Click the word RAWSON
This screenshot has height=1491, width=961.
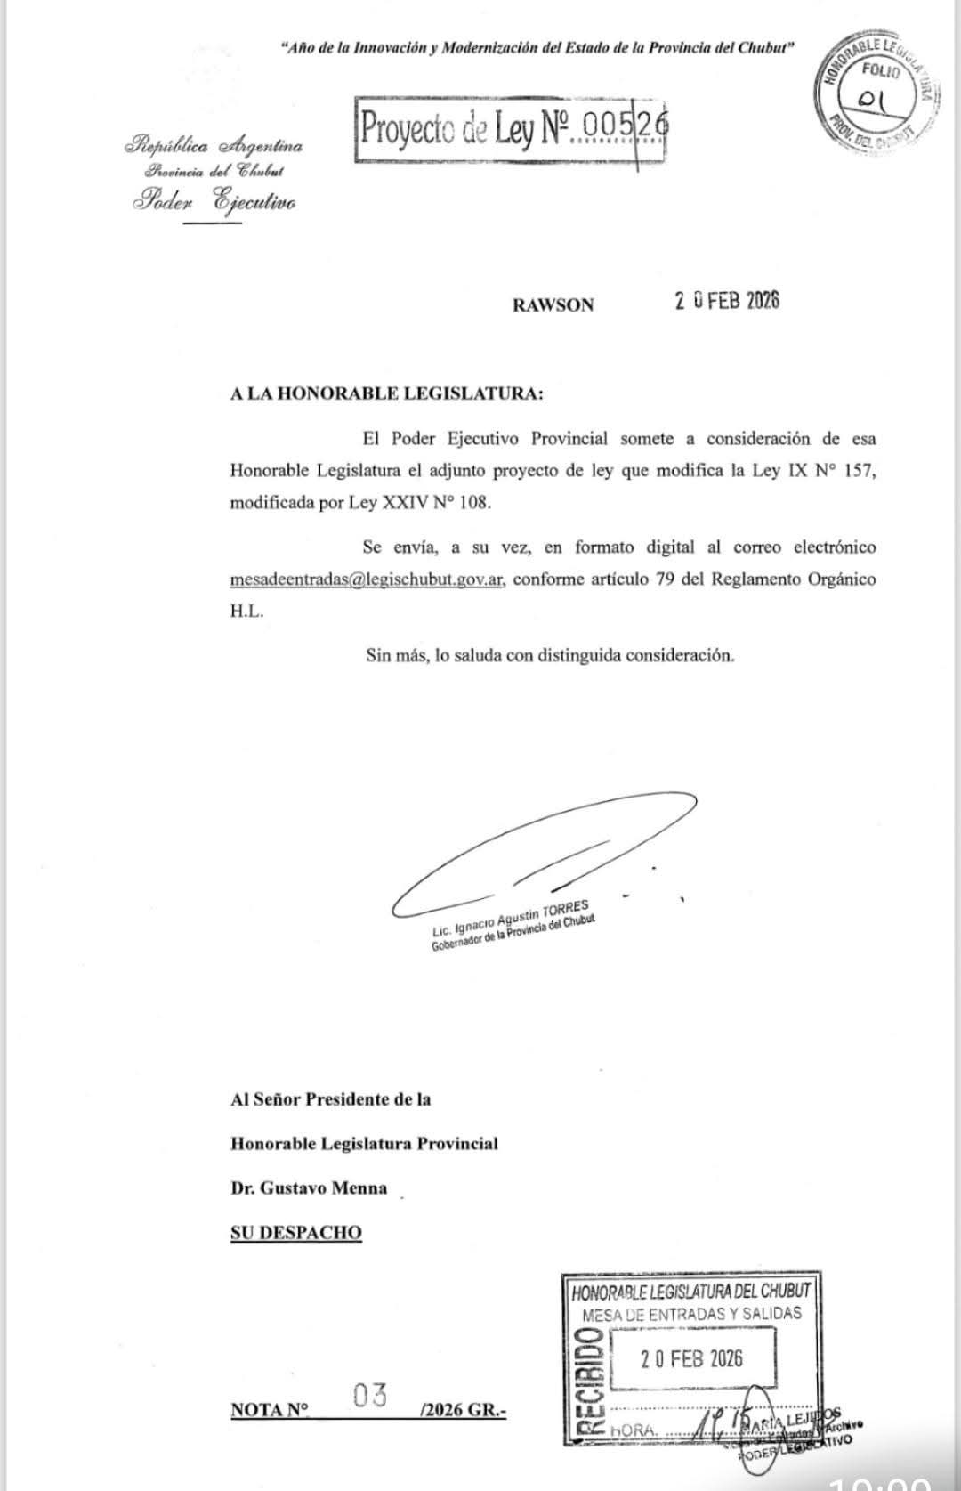pyautogui.click(x=553, y=304)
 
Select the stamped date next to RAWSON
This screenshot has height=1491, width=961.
pyautogui.click(x=726, y=301)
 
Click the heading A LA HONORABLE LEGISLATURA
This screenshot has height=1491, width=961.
pyautogui.click(x=385, y=393)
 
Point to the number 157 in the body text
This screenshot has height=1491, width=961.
pyautogui.click(x=860, y=471)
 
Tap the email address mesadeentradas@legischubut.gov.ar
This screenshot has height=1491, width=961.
pyautogui.click(x=367, y=579)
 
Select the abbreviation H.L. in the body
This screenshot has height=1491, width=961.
pyautogui.click(x=246, y=612)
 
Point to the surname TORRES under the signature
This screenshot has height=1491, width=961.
pyautogui.click(x=566, y=909)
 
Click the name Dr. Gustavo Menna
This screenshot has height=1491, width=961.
pyautogui.click(x=309, y=1187)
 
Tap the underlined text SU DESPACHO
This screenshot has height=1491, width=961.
pyautogui.click(x=296, y=1233)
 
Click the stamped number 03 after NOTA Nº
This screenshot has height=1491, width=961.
pyautogui.click(x=369, y=1396)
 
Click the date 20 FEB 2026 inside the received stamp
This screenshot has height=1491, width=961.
pyautogui.click(x=691, y=1358)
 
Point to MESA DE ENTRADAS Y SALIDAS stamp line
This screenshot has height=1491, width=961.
pyautogui.click(x=691, y=1314)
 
